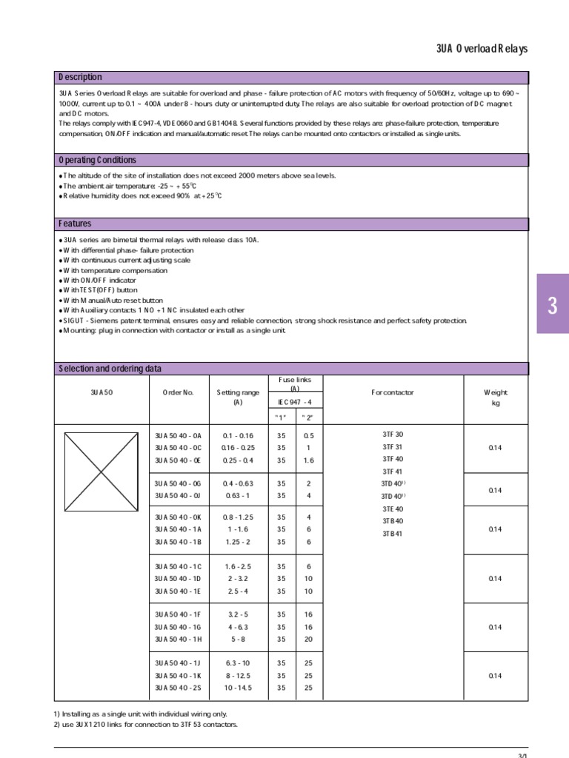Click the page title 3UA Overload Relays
[x=482, y=50]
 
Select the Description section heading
[x=81, y=77]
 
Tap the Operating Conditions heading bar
[x=97, y=160]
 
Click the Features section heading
[x=75, y=224]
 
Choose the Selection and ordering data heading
[x=110, y=369]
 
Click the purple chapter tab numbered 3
[x=552, y=307]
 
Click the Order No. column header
[x=177, y=392]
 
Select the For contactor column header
[x=393, y=392]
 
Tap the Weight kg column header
[x=496, y=398]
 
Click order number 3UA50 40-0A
[x=177, y=435]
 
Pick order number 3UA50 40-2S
[x=177, y=688]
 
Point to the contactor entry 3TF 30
[x=393, y=435]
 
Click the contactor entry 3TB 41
[x=393, y=534]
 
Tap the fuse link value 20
[x=308, y=639]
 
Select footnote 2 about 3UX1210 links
[x=146, y=724]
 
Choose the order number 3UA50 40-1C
[x=177, y=566]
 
